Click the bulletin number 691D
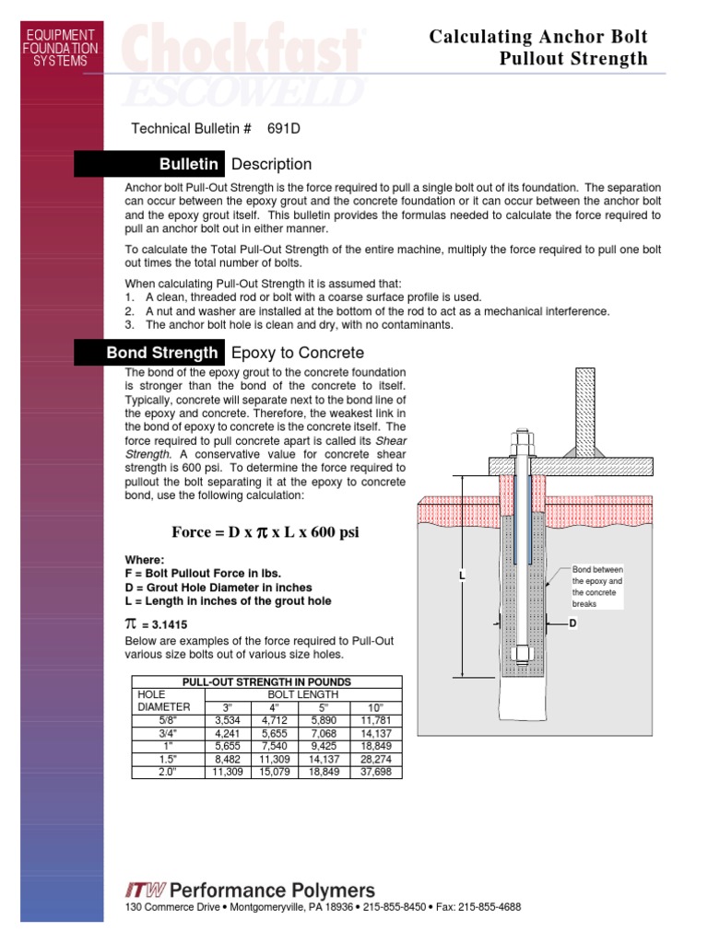pos(284,129)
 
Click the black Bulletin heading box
pos(148,164)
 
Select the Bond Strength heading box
pos(148,353)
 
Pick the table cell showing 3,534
pos(227,719)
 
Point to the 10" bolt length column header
pos(375,706)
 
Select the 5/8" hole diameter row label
pos(167,719)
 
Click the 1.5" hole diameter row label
pos(167,759)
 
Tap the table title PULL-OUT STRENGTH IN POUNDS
pos(266,681)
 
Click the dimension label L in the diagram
pos(462,576)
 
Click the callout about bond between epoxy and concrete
pos(597,587)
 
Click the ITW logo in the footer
pos(145,890)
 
